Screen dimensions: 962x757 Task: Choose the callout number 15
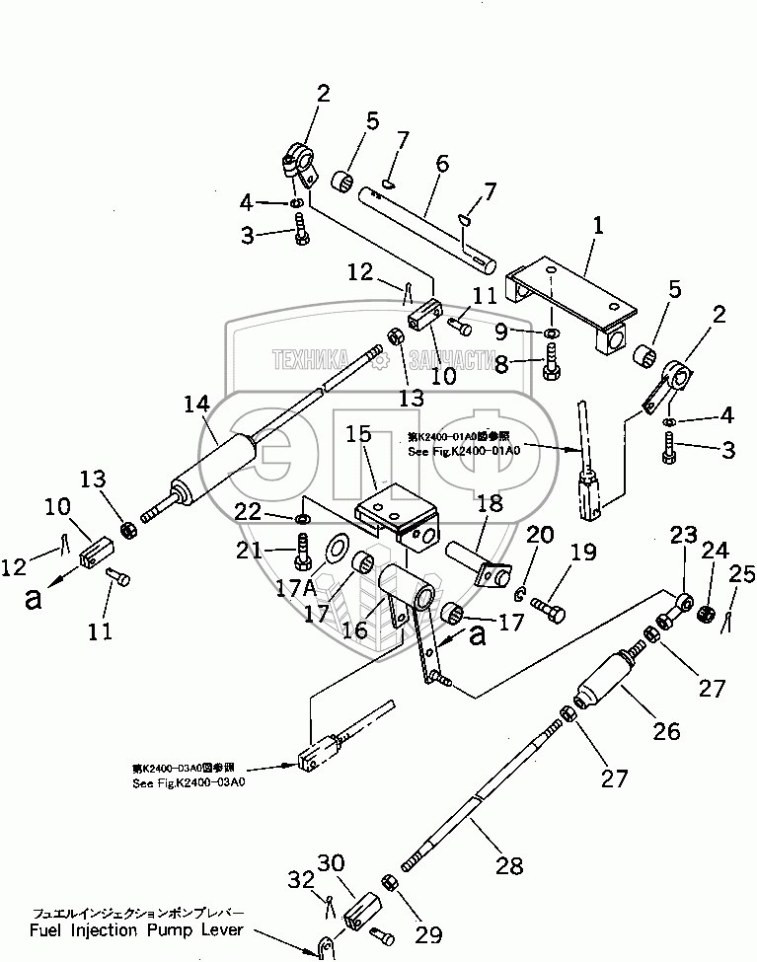click(x=357, y=435)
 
